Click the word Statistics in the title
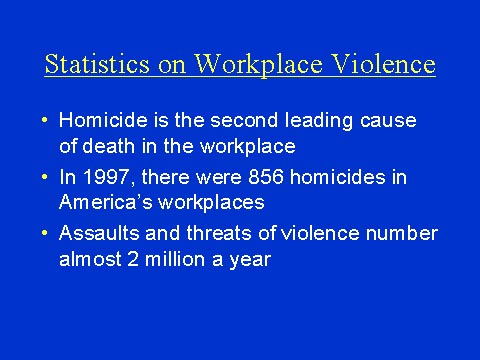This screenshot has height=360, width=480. (93, 65)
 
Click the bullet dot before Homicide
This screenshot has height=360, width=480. (45, 121)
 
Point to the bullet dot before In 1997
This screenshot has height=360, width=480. (45, 178)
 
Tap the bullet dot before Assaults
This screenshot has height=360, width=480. (45, 234)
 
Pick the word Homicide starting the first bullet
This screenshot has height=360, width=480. (99, 121)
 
